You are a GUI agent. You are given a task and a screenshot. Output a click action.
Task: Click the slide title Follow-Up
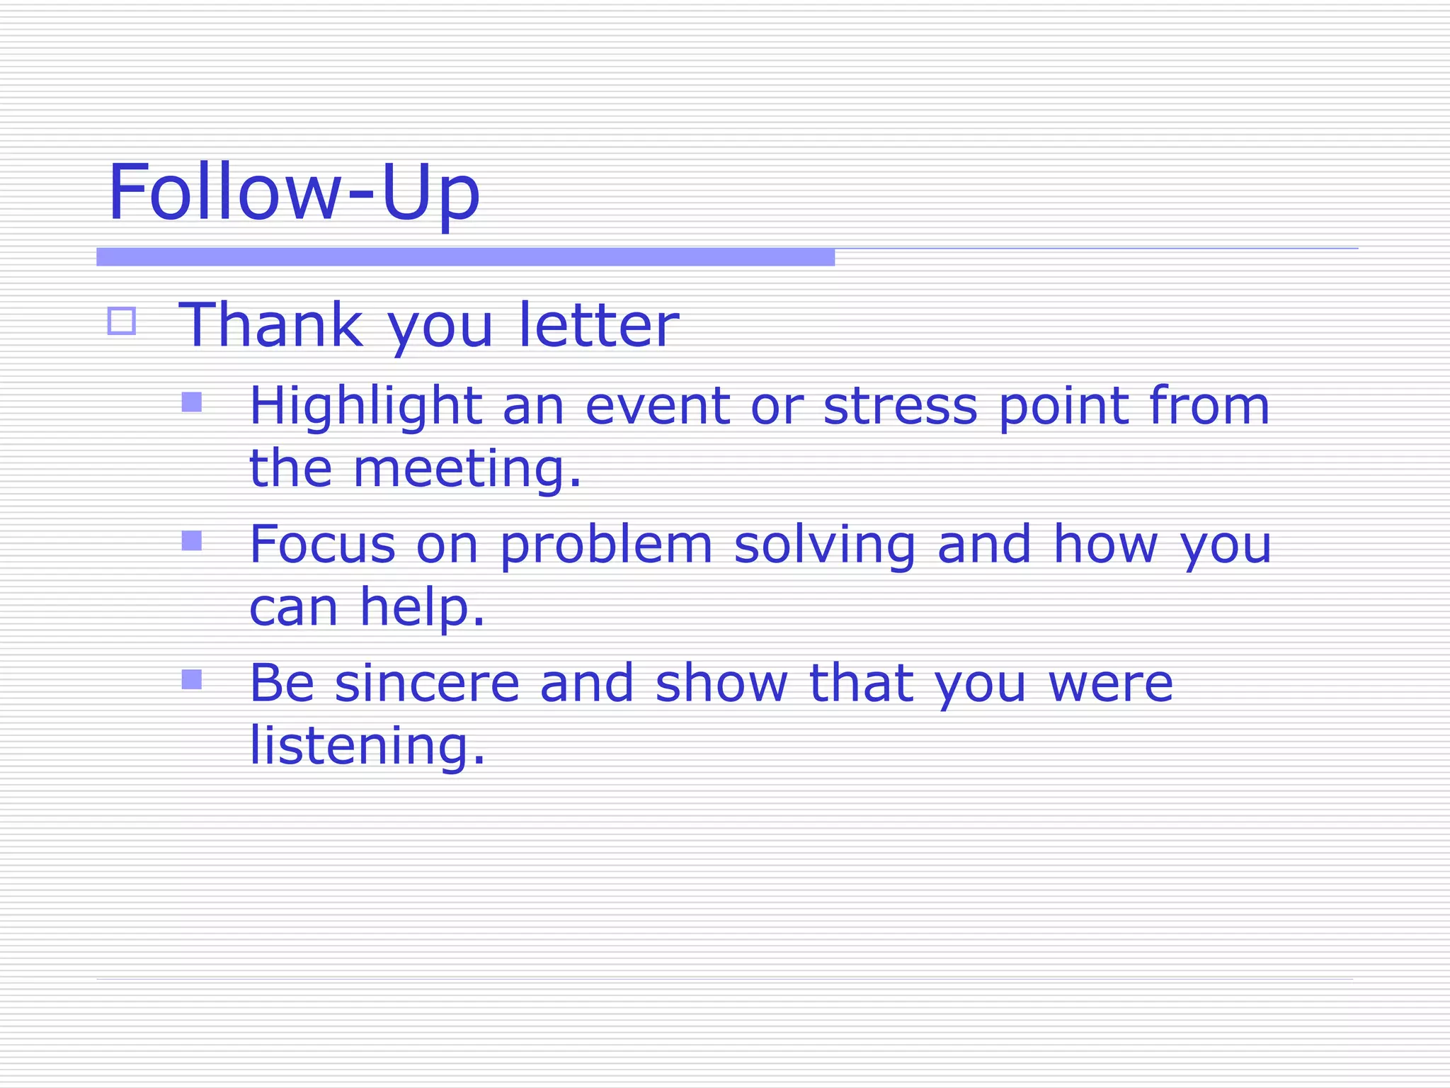pyautogui.click(x=294, y=193)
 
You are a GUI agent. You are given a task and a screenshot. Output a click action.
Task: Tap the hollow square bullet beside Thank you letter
pyautogui.click(x=122, y=321)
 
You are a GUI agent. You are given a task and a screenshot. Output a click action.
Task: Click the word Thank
pyautogui.click(x=270, y=325)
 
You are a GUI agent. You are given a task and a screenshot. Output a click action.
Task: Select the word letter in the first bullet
pyautogui.click(x=598, y=325)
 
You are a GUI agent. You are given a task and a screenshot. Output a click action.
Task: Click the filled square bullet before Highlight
pyautogui.click(x=192, y=402)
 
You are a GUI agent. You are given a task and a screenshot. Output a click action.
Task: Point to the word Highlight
pyautogui.click(x=365, y=407)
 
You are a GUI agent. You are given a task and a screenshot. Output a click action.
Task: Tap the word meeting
pyautogui.click(x=467, y=470)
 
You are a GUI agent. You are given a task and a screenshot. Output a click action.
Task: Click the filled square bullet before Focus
pyautogui.click(x=192, y=541)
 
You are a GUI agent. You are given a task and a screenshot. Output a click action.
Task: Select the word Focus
pyautogui.click(x=322, y=545)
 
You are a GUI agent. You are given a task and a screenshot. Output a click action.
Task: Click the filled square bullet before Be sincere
pyautogui.click(x=192, y=680)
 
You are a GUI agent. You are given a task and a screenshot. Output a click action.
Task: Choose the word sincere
pyautogui.click(x=427, y=684)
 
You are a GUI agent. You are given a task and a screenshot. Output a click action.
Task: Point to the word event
pyautogui.click(x=657, y=407)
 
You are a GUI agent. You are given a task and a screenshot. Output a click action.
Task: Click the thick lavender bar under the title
pyautogui.click(x=465, y=257)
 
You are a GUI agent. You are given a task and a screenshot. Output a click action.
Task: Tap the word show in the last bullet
pyautogui.click(x=721, y=684)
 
